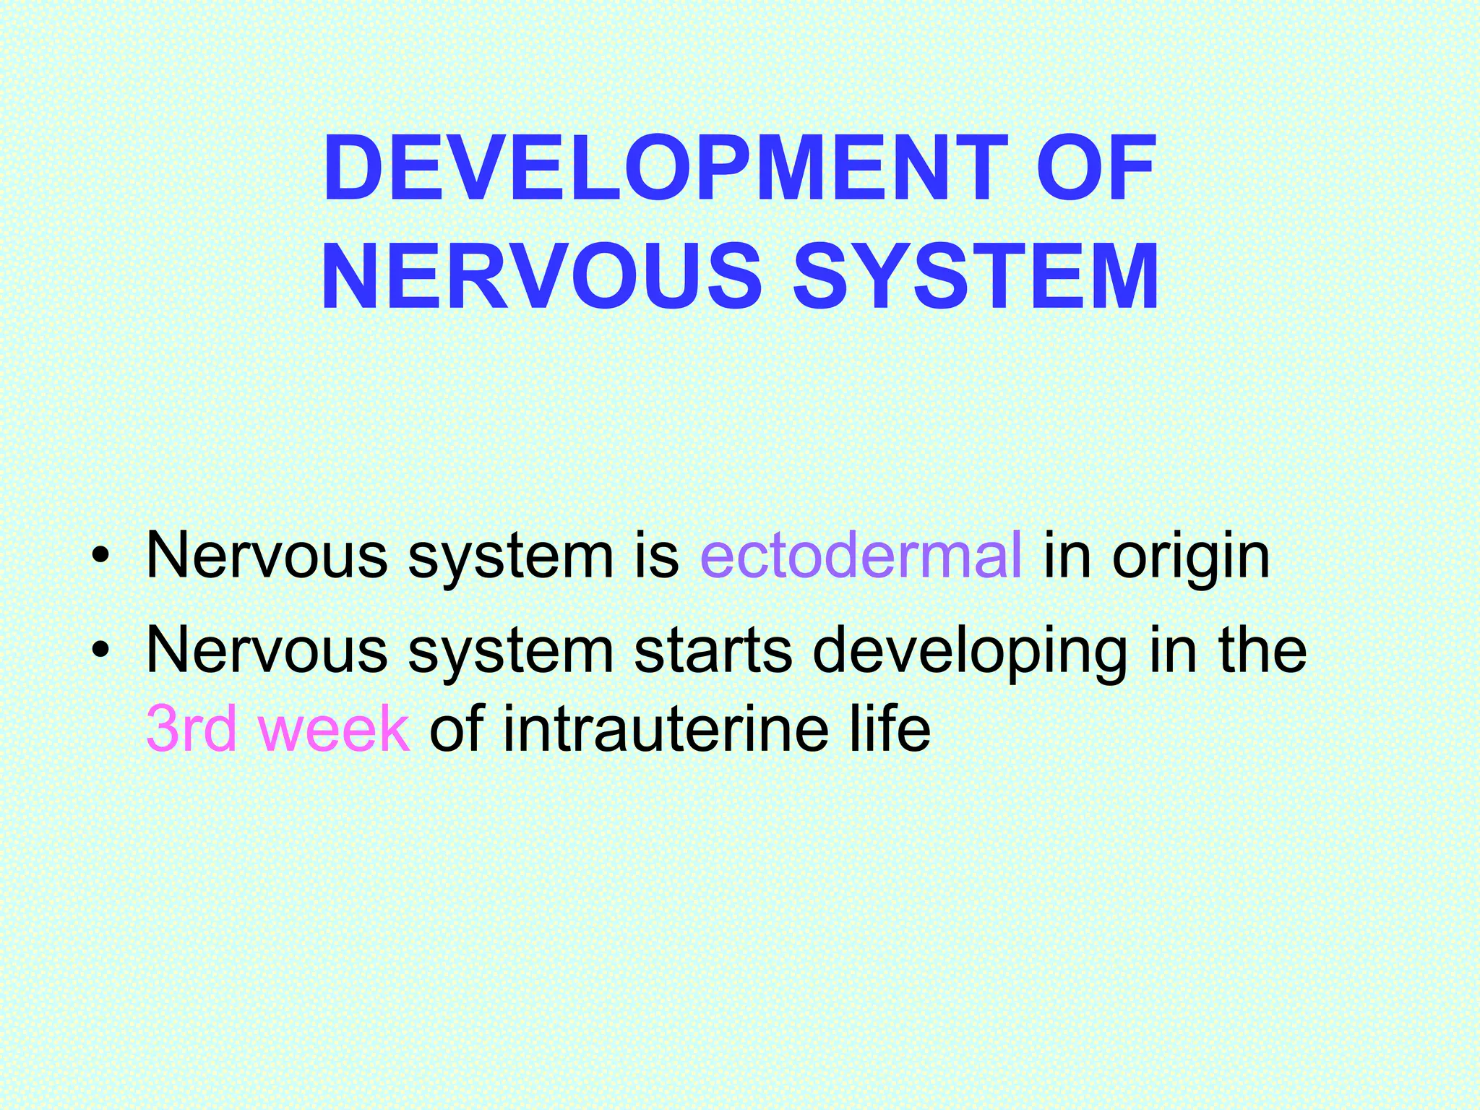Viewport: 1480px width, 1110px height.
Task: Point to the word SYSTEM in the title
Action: tap(976, 278)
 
